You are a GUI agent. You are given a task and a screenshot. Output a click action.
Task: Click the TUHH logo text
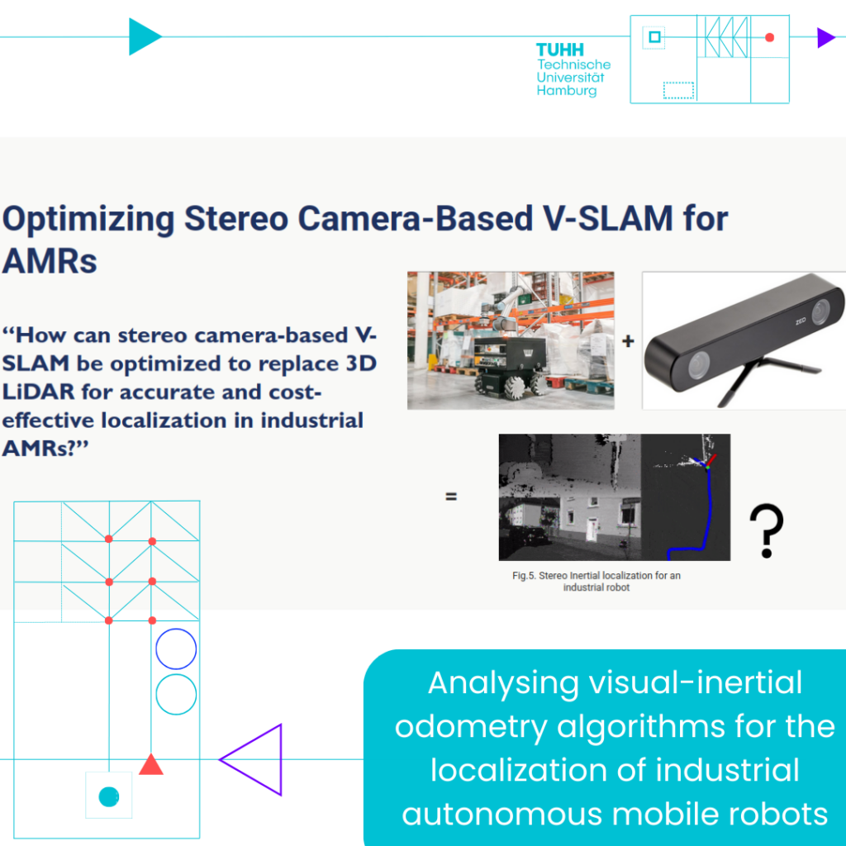pos(560,50)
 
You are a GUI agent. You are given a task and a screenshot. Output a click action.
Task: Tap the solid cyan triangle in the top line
pos(144,36)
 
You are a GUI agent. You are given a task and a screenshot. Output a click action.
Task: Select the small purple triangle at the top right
pos(825,38)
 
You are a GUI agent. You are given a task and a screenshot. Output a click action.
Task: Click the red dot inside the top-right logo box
pos(770,37)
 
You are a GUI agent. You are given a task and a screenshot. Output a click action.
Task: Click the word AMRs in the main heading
pos(50,261)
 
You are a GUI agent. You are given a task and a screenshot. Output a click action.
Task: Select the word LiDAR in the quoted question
pos(38,392)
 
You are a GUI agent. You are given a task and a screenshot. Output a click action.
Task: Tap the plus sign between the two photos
pos(628,341)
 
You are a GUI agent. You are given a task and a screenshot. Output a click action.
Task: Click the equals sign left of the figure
pos(452,496)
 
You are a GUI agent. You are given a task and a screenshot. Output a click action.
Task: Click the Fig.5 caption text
pos(596,581)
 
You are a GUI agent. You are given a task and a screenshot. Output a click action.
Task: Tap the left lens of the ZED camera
pos(699,364)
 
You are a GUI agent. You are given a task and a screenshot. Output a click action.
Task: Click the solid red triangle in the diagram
pos(151,764)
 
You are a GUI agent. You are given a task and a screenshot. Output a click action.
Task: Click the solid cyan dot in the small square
pos(109,796)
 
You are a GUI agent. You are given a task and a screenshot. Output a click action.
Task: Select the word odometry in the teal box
pos(471,726)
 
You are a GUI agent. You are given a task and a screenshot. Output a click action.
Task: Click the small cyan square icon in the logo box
pos(654,36)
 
